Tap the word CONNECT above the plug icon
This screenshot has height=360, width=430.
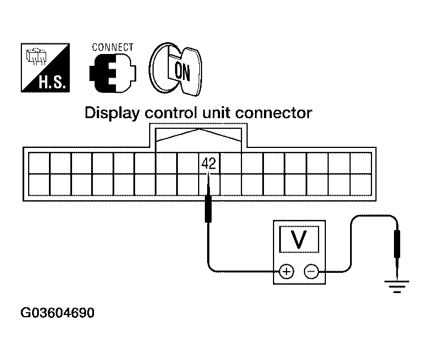(113, 47)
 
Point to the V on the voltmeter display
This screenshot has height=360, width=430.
(299, 240)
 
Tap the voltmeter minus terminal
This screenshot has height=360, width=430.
(311, 272)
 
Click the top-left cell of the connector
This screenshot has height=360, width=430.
(39, 162)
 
